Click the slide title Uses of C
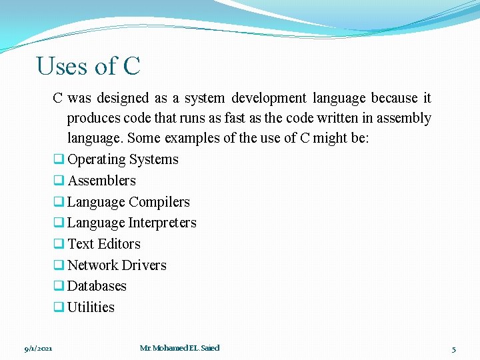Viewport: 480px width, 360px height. click(x=88, y=67)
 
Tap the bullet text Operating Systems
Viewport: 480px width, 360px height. click(x=123, y=159)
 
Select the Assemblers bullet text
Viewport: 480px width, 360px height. click(x=101, y=181)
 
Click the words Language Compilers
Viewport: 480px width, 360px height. click(x=128, y=202)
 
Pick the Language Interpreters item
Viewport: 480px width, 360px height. click(x=131, y=223)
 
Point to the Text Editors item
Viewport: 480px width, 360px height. click(x=103, y=244)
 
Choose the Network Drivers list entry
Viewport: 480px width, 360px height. click(x=117, y=265)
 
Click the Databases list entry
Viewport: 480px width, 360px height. click(x=97, y=286)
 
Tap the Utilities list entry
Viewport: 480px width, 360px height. click(x=91, y=307)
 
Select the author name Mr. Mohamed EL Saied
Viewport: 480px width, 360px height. click(x=179, y=348)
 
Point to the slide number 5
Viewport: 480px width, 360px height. click(x=453, y=349)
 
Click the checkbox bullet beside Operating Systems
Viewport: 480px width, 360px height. click(x=58, y=160)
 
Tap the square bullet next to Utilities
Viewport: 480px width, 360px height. click(x=58, y=308)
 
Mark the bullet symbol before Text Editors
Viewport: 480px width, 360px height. click(x=58, y=245)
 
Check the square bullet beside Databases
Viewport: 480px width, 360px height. click(x=58, y=287)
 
